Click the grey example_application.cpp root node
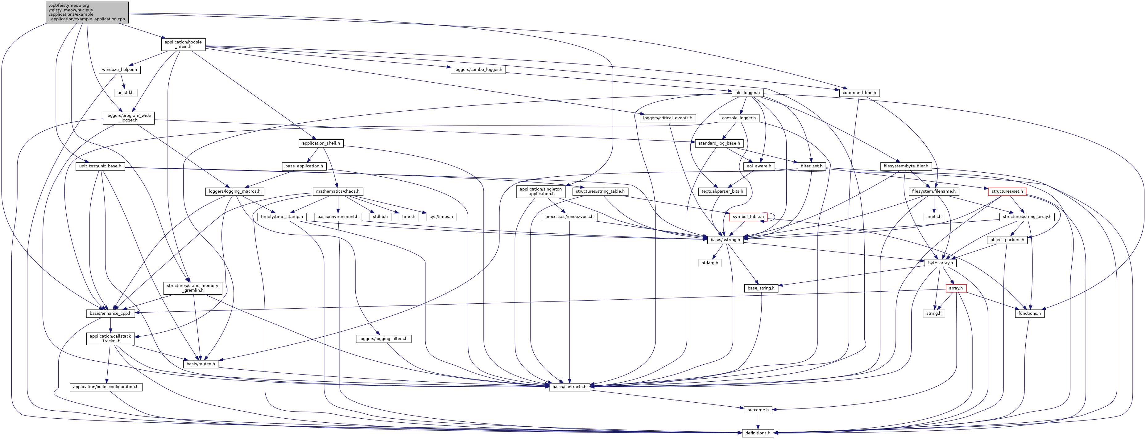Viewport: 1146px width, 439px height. click(87, 12)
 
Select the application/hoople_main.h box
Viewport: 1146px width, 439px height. click(183, 44)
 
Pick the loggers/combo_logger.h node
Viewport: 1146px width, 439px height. click(478, 70)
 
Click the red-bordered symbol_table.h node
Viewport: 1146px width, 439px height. click(748, 217)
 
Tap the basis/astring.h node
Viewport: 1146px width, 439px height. click(725, 240)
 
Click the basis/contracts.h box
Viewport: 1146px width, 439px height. click(569, 387)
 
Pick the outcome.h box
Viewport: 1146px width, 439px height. click(758, 410)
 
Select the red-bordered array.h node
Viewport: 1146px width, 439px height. click(956, 289)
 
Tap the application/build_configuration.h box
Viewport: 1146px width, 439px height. click(106, 387)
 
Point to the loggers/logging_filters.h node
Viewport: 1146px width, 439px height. click(383, 339)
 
